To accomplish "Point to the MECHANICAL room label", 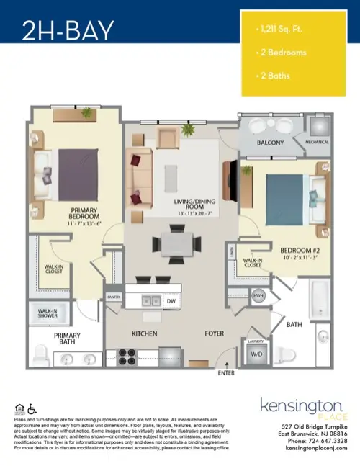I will (x=317, y=143).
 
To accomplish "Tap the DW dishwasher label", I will (x=171, y=301).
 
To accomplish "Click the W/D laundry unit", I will (x=256, y=354).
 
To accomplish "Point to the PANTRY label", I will (x=113, y=296).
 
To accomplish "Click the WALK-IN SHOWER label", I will (x=48, y=314).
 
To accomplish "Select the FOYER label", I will (x=215, y=334).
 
